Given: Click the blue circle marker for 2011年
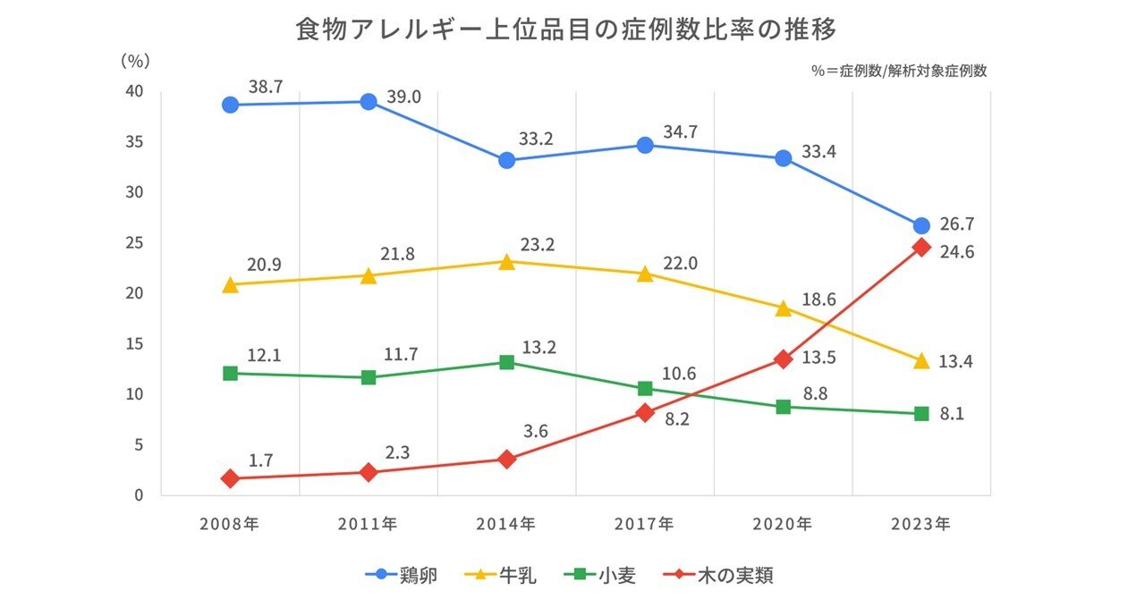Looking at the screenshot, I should coord(368,101).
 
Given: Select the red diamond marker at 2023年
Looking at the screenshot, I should coord(920,248).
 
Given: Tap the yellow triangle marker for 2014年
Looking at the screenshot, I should coord(506,262).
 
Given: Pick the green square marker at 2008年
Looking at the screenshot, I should coord(230,373).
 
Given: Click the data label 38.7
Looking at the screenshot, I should coord(266,88).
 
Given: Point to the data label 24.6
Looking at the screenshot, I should coord(956,252).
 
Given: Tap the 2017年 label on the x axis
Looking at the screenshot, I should coord(644,524).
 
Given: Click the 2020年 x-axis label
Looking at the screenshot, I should coord(783,524).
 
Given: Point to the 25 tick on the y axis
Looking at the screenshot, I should coord(133,243).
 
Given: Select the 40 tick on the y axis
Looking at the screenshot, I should coord(133,92).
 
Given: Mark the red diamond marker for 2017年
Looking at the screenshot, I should coord(644,412).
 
